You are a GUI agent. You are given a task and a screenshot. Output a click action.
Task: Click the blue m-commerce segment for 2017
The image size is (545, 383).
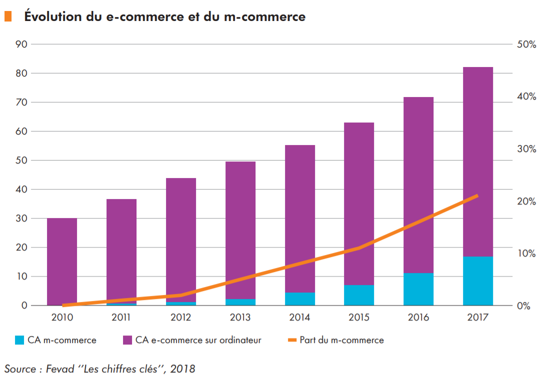477,281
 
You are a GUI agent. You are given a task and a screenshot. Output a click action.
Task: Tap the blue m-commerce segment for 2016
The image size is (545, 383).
418,289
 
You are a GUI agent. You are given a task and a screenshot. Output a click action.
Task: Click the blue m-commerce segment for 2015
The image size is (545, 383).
359,295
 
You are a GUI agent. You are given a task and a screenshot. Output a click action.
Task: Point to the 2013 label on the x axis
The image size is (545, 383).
240,317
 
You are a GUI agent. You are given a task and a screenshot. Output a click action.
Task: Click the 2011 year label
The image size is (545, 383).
121,317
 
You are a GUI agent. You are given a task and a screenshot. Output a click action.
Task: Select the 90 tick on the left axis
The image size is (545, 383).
21,44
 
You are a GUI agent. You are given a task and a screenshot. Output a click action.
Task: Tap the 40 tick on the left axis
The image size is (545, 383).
21,189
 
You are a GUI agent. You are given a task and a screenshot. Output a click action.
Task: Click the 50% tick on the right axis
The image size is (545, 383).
526,44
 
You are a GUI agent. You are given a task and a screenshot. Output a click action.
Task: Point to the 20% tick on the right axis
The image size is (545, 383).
526,201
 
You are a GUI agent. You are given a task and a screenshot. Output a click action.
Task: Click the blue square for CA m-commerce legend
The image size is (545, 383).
19,340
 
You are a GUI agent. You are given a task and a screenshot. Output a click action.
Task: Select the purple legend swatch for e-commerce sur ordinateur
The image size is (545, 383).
127,340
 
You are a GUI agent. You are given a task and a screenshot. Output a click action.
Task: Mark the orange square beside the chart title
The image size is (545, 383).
8,16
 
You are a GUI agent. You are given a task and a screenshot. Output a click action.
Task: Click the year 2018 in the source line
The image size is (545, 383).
182,369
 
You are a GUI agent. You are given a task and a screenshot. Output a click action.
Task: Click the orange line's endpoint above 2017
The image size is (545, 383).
477,195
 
